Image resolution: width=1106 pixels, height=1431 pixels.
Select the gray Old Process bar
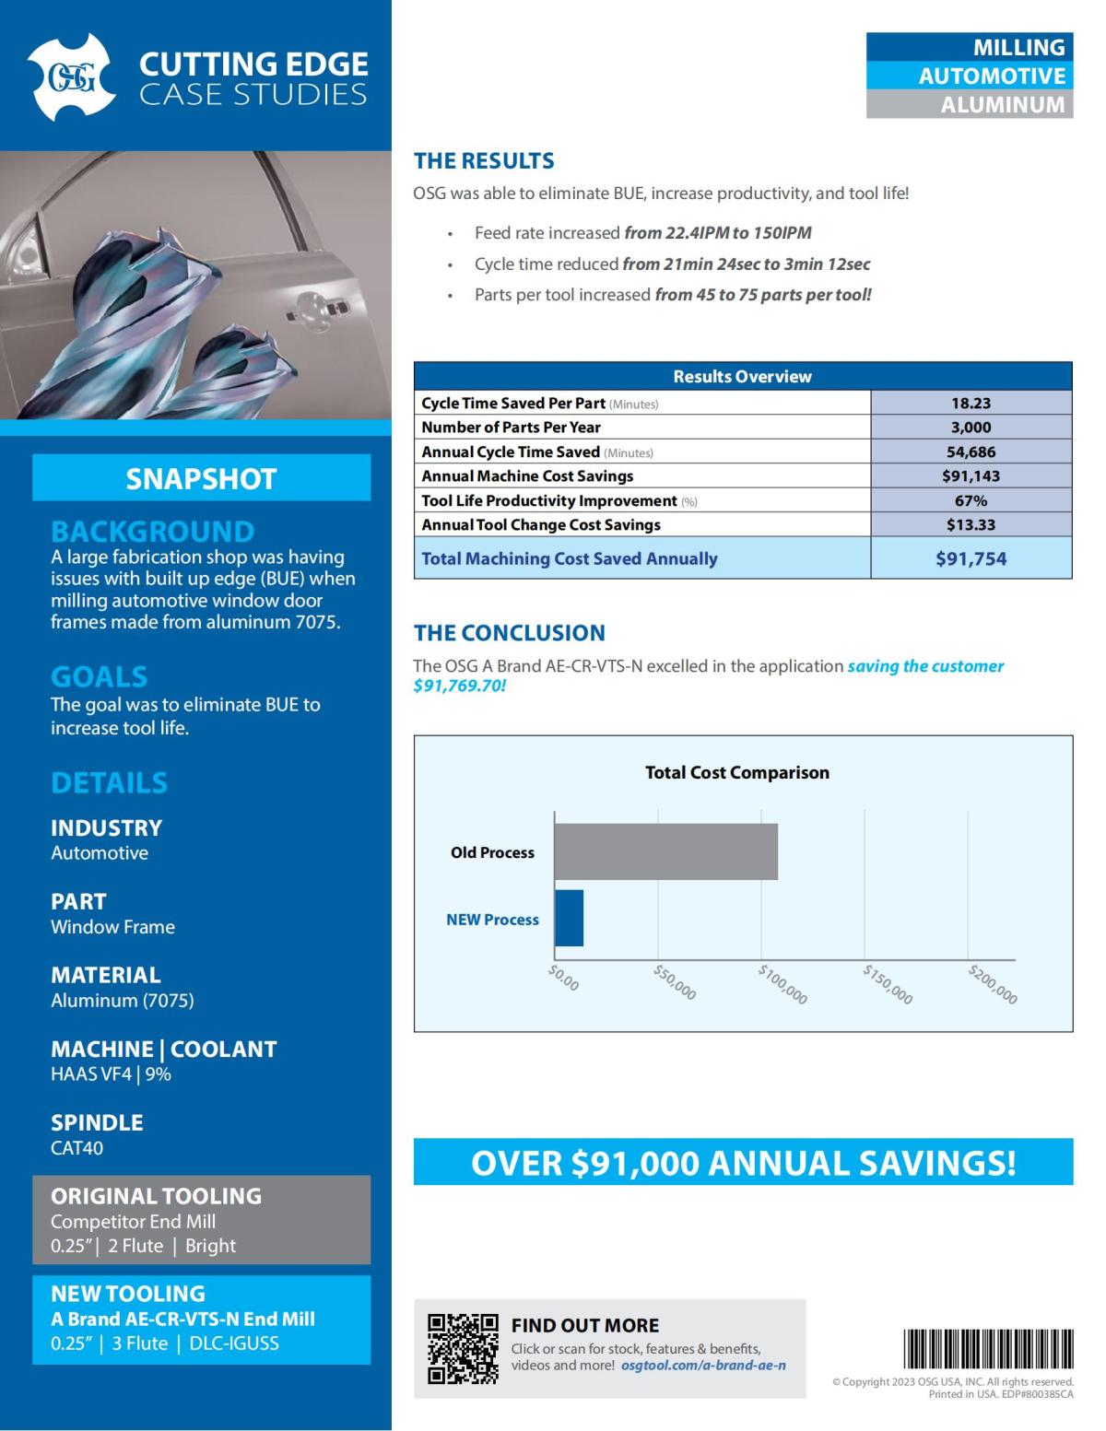[665, 851]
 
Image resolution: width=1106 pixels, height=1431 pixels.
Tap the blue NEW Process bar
[569, 918]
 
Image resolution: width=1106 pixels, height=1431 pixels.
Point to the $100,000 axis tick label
[782, 984]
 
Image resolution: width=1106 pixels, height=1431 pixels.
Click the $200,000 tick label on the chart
[993, 984]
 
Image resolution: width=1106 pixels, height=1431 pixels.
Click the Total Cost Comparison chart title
[736, 772]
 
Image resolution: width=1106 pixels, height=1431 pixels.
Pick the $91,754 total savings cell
[971, 558]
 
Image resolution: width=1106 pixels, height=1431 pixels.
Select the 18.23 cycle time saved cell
[971, 403]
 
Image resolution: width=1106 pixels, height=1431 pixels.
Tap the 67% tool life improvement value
[971, 500]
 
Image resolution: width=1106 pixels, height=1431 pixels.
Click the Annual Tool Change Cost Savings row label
[541, 524]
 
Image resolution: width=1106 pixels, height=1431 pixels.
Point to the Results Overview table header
[742, 376]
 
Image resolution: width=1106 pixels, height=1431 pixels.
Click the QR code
[463, 1348]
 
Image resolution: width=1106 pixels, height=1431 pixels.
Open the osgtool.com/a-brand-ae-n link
[703, 1366]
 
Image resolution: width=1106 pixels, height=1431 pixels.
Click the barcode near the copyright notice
[988, 1349]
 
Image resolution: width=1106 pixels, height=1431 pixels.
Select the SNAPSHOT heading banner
[201, 478]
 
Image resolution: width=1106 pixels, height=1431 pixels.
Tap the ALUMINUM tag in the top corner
[970, 104]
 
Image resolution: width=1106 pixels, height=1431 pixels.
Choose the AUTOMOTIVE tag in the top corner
[970, 76]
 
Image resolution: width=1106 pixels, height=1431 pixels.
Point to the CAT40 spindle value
[77, 1148]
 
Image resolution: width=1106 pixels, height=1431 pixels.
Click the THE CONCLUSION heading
[509, 633]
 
